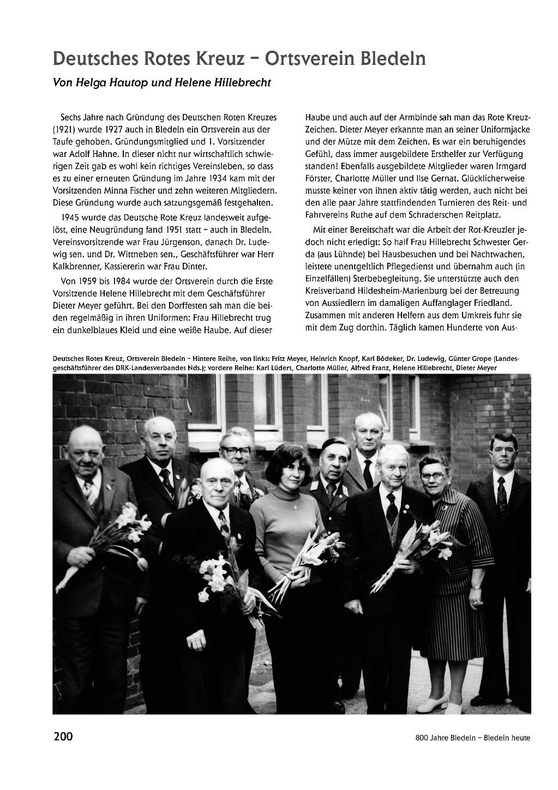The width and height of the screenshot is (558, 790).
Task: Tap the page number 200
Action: click(x=63, y=737)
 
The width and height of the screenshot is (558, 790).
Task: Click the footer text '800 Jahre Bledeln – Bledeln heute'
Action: click(x=472, y=738)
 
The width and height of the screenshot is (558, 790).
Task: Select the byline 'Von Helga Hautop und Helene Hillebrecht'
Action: click(x=161, y=83)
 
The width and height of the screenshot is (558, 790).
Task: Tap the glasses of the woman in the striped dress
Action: click(x=433, y=476)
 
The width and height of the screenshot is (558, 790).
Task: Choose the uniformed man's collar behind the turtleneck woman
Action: click(x=331, y=483)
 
